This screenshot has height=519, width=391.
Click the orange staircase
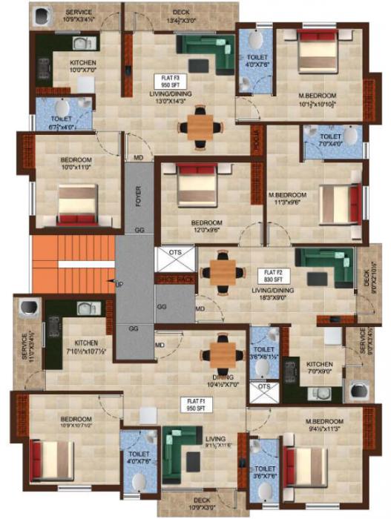pos(73,264)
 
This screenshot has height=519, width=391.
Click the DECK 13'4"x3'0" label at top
pos(180,16)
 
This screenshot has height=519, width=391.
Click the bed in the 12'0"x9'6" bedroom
pos(197,186)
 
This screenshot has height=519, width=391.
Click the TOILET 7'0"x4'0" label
pos(330,140)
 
